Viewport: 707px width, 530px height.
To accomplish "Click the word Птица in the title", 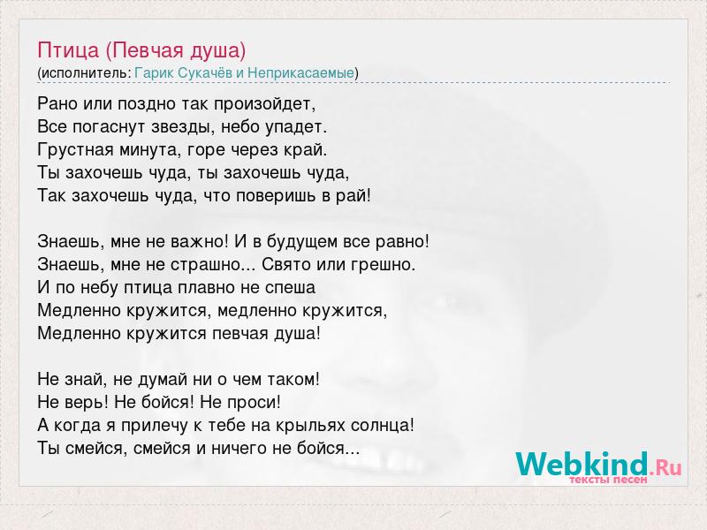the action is click(x=68, y=51).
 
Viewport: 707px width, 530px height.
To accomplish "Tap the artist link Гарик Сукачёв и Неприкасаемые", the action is click(x=245, y=72).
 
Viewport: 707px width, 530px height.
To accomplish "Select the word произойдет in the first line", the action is click(x=264, y=104).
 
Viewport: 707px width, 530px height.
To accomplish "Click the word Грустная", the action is click(x=76, y=149).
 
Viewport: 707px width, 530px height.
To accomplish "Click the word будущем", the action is click(x=302, y=242).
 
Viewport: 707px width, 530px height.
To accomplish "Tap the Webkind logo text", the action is click(x=598, y=464).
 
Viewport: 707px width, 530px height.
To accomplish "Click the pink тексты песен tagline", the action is click(x=608, y=480).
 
